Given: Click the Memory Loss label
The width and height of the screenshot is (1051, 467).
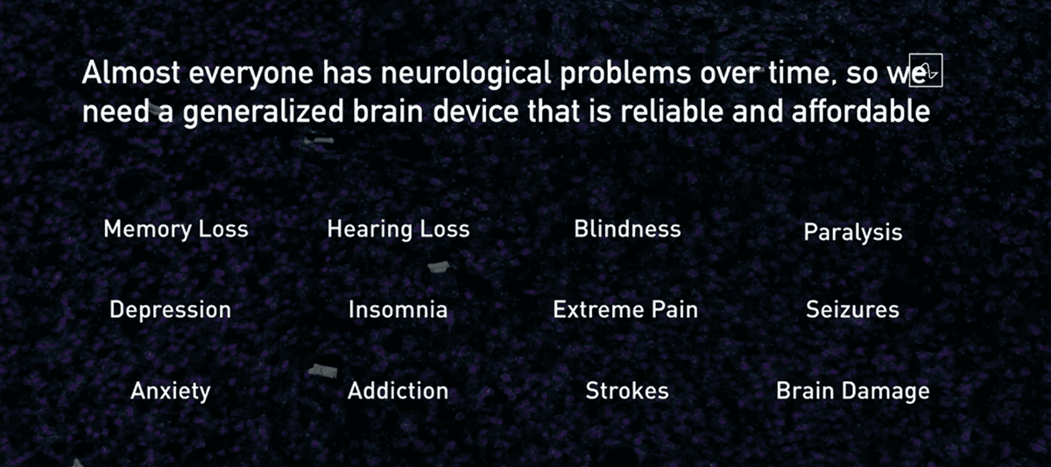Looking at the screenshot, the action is click(x=176, y=230).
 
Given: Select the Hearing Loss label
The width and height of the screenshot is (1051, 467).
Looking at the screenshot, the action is click(x=399, y=230).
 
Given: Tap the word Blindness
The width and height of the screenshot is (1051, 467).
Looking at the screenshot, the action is click(x=627, y=229).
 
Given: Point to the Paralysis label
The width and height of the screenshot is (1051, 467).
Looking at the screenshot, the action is click(x=853, y=232).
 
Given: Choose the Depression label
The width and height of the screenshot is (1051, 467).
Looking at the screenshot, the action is click(x=170, y=310).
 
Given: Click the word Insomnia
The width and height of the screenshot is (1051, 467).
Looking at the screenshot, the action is click(x=398, y=310).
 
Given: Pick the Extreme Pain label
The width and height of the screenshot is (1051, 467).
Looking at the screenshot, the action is click(x=625, y=310).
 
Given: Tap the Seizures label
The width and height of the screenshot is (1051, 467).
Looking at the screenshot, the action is click(x=852, y=310).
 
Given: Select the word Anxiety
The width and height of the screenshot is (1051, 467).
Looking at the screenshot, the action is click(x=171, y=391).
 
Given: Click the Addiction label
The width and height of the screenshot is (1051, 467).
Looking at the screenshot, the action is click(x=398, y=391).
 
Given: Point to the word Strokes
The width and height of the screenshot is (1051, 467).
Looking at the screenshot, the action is click(x=627, y=391).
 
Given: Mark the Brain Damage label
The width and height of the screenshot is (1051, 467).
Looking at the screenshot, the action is click(x=853, y=391).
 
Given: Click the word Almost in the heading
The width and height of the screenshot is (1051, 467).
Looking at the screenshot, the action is click(x=130, y=73).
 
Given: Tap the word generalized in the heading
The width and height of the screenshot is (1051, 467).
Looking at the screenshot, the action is click(x=264, y=113).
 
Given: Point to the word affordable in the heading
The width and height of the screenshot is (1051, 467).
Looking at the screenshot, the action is click(x=860, y=111).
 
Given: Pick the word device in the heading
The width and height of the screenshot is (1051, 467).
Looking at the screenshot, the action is click(x=476, y=111).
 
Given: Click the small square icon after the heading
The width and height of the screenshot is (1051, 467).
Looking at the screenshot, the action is click(x=926, y=70).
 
